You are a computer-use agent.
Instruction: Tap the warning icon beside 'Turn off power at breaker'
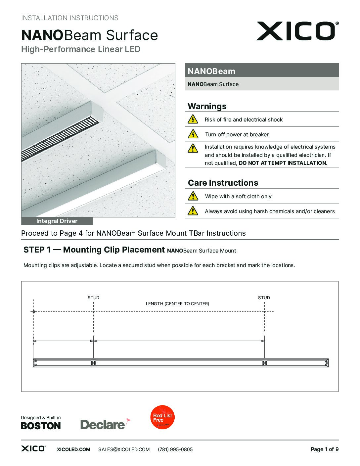click(x=193, y=134)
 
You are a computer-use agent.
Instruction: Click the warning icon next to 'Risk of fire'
click(x=193, y=119)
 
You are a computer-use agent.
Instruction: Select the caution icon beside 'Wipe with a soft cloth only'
click(x=193, y=196)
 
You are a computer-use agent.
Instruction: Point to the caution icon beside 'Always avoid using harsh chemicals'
click(x=193, y=211)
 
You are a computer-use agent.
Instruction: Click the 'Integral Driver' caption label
click(x=57, y=221)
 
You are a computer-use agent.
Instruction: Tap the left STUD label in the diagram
click(x=93, y=298)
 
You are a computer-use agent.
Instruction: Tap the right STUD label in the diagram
click(x=264, y=298)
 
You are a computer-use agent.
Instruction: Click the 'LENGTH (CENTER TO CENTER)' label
click(x=177, y=303)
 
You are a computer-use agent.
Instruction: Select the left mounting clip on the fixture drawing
click(x=93, y=363)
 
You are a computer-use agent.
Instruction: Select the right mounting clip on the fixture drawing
click(x=264, y=363)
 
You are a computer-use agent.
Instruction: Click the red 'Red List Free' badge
click(x=162, y=417)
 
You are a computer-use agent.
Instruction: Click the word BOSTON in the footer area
click(x=41, y=426)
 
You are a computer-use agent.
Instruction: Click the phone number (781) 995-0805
click(x=175, y=449)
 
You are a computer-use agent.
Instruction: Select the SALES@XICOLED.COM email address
click(x=124, y=449)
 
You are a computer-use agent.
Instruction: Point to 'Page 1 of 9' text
click(x=324, y=449)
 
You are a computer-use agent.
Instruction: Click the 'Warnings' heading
click(x=207, y=106)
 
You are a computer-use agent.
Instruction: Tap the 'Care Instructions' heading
click(x=223, y=183)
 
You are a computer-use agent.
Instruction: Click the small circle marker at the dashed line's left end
click(x=34, y=311)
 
